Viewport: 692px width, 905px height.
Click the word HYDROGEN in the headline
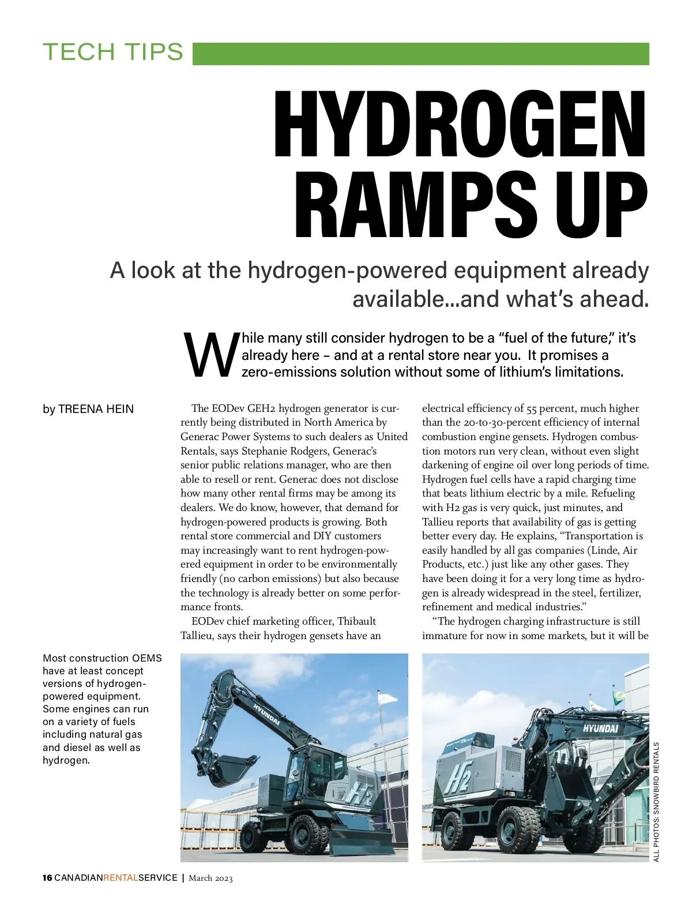(x=460, y=125)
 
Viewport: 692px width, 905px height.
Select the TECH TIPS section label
(x=113, y=52)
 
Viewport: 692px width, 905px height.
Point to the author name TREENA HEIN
(x=96, y=409)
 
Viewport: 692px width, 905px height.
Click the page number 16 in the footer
(x=47, y=878)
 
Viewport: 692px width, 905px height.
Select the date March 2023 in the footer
(x=210, y=878)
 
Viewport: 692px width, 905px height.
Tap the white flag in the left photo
(x=388, y=699)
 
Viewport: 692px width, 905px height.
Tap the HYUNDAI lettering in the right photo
(x=600, y=728)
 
